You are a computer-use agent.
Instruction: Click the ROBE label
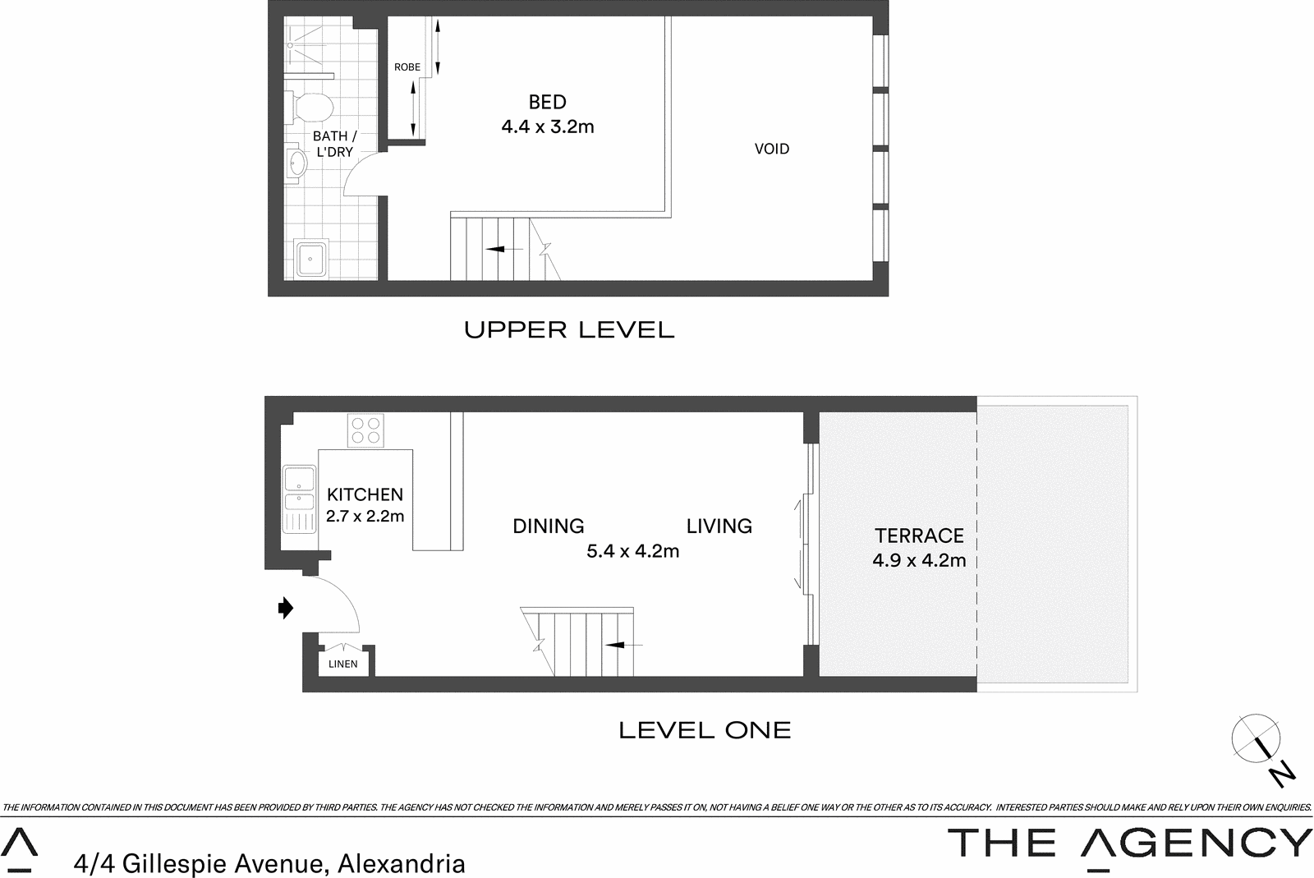(407, 67)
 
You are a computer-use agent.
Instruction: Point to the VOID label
(772, 149)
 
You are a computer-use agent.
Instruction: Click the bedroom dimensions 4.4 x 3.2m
(548, 126)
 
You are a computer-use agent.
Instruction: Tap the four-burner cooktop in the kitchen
(365, 430)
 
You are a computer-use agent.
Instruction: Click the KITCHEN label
(365, 494)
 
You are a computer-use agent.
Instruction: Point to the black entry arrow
(286, 609)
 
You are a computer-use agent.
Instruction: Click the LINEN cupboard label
(343, 664)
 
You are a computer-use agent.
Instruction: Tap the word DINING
(549, 526)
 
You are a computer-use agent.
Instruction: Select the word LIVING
(719, 526)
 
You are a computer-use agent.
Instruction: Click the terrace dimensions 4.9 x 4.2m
(919, 561)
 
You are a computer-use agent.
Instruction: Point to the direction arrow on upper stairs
(503, 249)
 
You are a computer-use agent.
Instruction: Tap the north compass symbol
(1257, 739)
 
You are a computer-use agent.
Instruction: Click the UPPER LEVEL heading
(569, 330)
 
